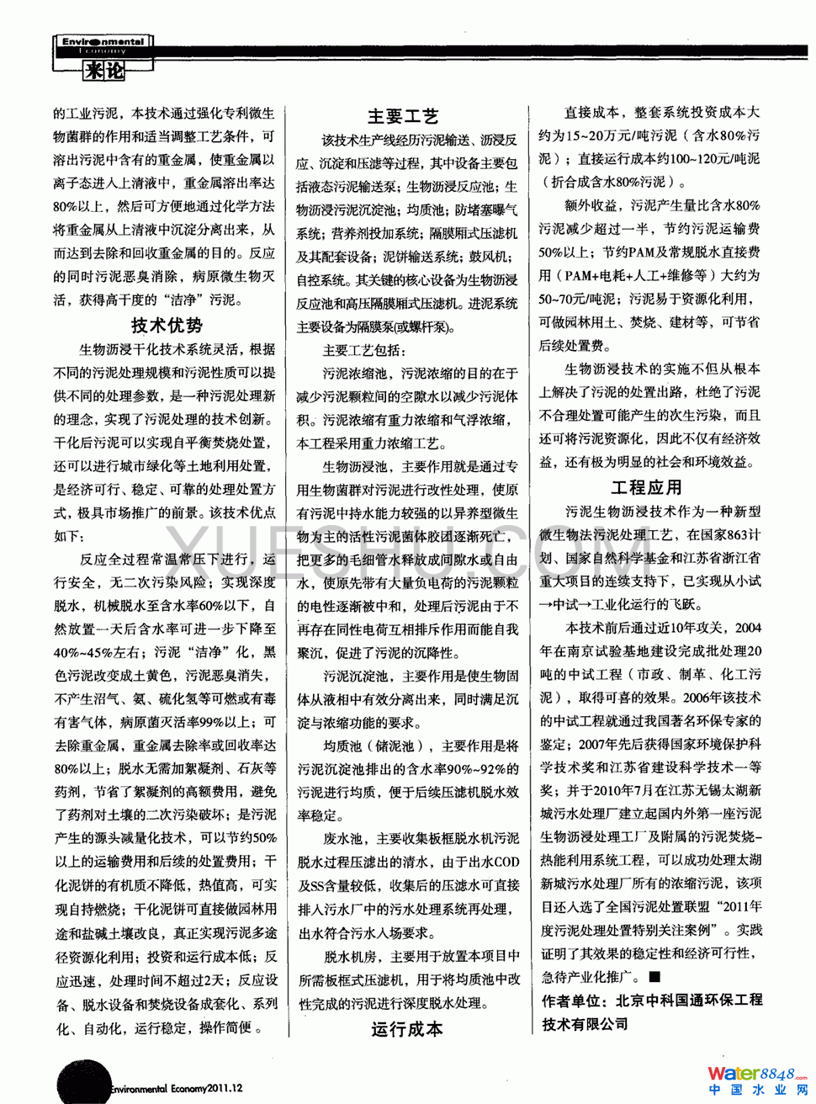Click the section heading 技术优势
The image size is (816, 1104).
pos(167,325)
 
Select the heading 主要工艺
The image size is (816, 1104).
pos(403,116)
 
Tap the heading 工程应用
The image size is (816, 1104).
pos(646,487)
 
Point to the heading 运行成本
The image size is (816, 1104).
pos(407,1029)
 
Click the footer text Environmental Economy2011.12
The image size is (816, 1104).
pos(176,1088)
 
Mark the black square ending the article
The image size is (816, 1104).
pos(654,976)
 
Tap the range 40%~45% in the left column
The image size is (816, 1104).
pos(85,652)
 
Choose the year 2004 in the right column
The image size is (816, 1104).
pos(747,628)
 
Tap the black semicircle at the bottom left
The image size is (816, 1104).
pos(82,1081)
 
